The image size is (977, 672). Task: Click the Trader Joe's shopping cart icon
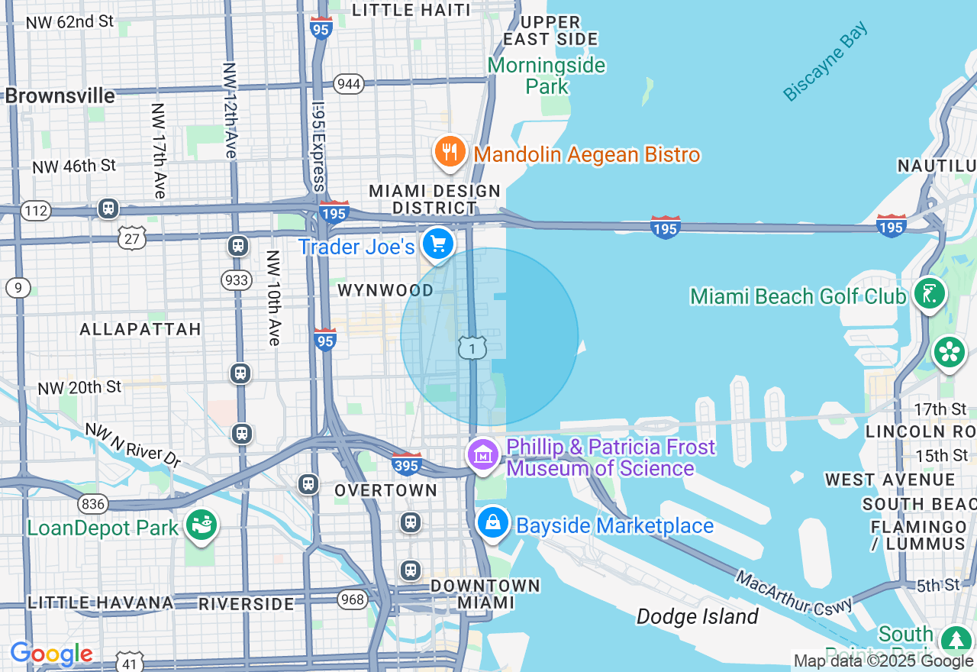click(438, 244)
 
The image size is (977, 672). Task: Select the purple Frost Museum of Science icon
click(482, 455)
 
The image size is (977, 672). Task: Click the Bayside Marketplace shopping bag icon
click(493, 524)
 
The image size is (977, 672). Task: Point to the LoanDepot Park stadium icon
click(202, 525)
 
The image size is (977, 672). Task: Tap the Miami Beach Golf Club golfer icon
click(930, 293)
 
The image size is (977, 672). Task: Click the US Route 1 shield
click(472, 348)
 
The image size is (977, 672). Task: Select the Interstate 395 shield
click(407, 464)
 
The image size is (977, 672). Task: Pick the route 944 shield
click(349, 84)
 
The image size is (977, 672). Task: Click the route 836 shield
click(92, 503)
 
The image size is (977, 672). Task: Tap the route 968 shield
click(353, 599)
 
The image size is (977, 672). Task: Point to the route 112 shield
click(36, 210)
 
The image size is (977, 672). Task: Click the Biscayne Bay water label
click(826, 62)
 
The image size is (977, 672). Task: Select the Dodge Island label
click(698, 616)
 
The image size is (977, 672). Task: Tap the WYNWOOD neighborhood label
click(385, 291)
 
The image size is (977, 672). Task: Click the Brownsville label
click(60, 96)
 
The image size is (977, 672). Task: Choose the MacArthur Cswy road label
click(794, 591)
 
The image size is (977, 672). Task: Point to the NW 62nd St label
click(69, 22)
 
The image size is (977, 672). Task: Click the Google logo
click(51, 654)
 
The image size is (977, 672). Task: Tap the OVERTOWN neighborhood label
click(386, 490)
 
